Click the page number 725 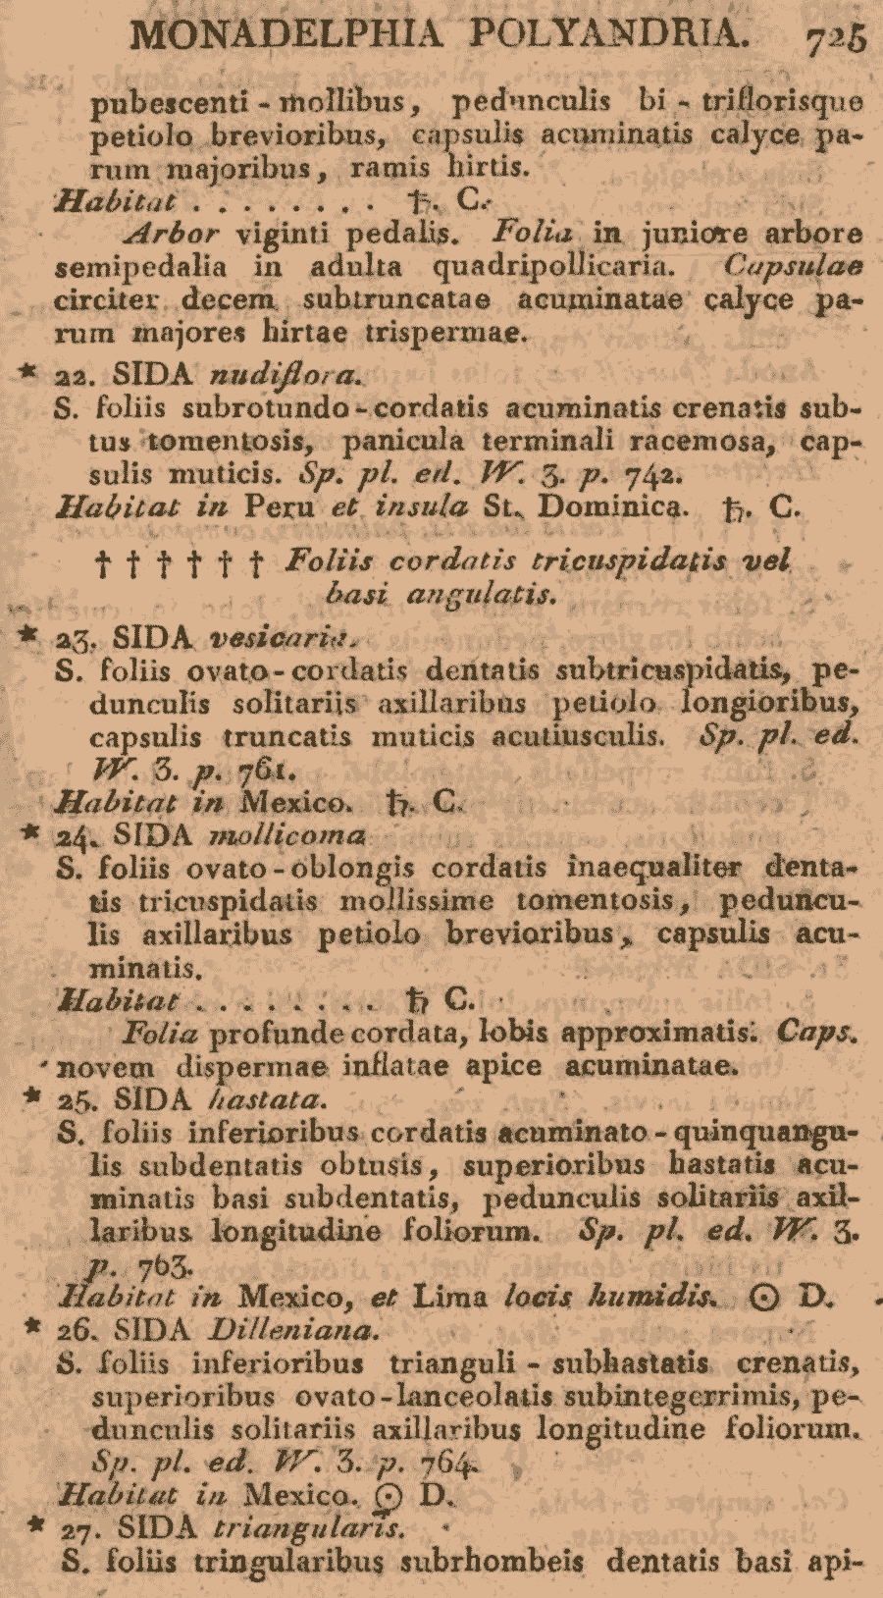[x=836, y=38]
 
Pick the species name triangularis [x=305, y=1528]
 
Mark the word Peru [x=280, y=508]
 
